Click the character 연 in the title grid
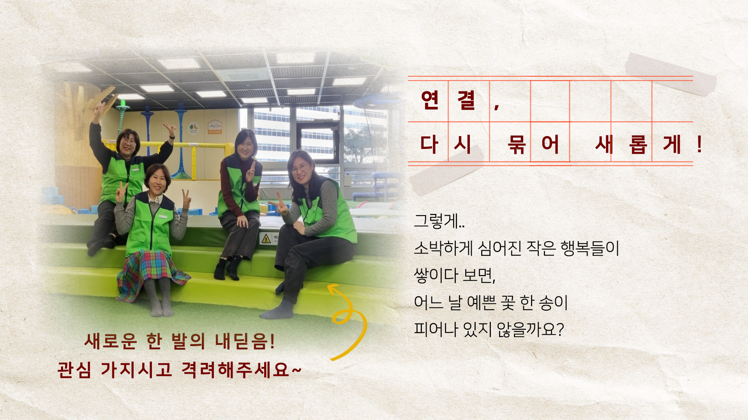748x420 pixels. click(x=430, y=100)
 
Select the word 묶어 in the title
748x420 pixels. click(x=533, y=145)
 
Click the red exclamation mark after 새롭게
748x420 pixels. click(x=700, y=144)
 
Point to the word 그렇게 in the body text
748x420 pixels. click(x=436, y=221)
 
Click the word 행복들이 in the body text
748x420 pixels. click(x=589, y=248)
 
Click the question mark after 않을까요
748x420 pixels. click(x=560, y=329)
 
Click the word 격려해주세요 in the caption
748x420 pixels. click(x=236, y=369)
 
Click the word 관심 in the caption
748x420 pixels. click(x=74, y=369)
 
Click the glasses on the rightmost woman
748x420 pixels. click(x=299, y=168)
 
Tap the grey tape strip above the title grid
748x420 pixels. click(x=671, y=74)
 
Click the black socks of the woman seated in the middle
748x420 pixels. click(x=228, y=268)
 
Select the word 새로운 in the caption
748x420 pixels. click(x=111, y=341)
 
